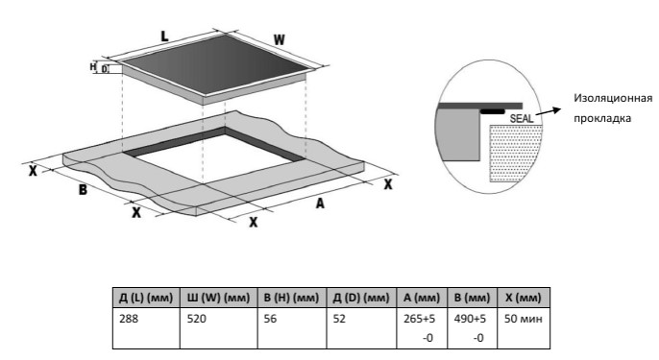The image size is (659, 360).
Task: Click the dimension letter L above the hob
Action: (x=165, y=36)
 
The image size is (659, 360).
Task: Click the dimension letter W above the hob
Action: (x=280, y=40)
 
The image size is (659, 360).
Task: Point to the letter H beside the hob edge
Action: (x=93, y=67)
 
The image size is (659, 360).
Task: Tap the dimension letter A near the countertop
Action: (x=320, y=204)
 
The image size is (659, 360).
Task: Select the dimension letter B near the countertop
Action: (x=84, y=190)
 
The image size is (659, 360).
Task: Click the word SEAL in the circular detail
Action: (x=521, y=119)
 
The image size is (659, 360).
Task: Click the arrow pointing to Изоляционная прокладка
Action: (x=549, y=111)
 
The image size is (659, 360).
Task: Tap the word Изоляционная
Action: (x=613, y=99)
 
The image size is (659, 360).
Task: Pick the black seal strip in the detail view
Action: (x=492, y=111)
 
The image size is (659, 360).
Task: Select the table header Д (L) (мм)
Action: (x=146, y=298)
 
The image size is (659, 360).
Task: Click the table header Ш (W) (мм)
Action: (x=218, y=298)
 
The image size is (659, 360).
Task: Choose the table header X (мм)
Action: (x=524, y=298)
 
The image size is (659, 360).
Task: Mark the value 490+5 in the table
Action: (x=470, y=319)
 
